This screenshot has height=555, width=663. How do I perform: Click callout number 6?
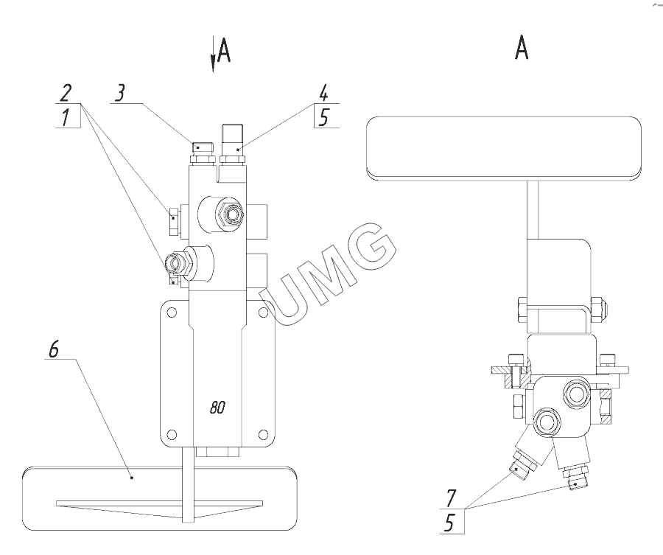coord(54,350)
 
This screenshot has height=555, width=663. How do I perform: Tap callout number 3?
coord(121,93)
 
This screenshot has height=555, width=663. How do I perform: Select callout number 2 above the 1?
coord(65,93)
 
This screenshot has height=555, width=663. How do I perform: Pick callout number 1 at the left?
coord(65,117)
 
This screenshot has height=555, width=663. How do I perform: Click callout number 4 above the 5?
coord(323,93)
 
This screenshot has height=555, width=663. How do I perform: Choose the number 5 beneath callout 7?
coord(449,523)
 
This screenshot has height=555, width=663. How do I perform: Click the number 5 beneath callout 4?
coord(323,118)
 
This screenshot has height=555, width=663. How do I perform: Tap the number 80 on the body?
coord(217,408)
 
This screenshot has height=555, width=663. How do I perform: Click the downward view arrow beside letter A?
coord(213,55)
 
